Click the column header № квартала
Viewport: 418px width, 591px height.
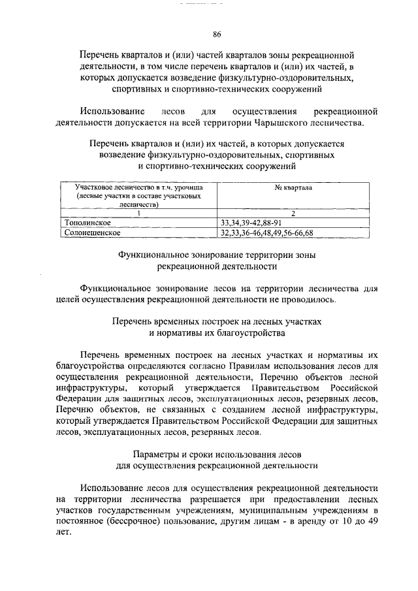coord(293,187)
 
